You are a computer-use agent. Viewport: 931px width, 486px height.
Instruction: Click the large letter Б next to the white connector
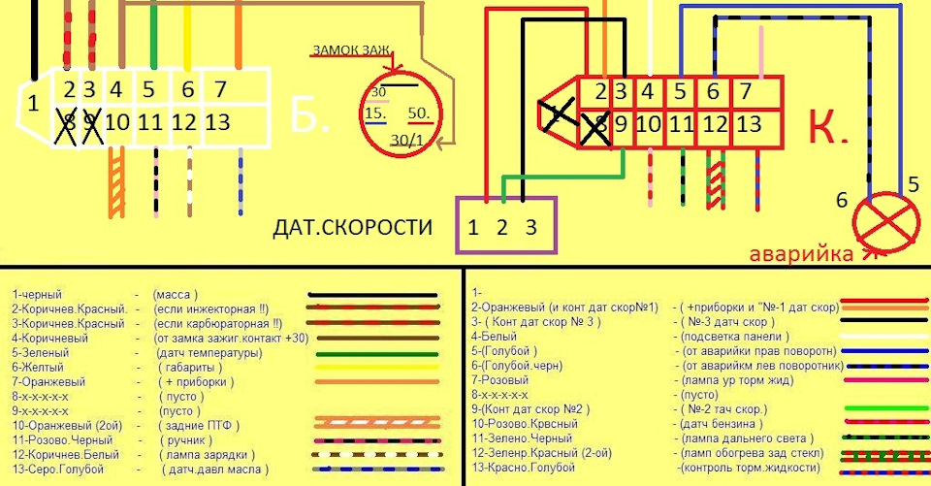[x=310, y=116]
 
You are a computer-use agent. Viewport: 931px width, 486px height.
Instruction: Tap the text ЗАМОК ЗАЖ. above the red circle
[x=350, y=50]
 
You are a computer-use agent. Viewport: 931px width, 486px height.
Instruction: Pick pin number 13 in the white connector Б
[x=218, y=122]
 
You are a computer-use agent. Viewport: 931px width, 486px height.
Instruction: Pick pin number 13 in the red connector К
[x=749, y=124]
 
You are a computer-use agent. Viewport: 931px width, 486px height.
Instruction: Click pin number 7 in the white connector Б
[x=220, y=90]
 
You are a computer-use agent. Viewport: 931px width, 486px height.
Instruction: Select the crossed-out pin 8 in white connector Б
[x=69, y=124]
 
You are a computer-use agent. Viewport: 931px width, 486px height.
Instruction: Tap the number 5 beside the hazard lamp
[x=913, y=182]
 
